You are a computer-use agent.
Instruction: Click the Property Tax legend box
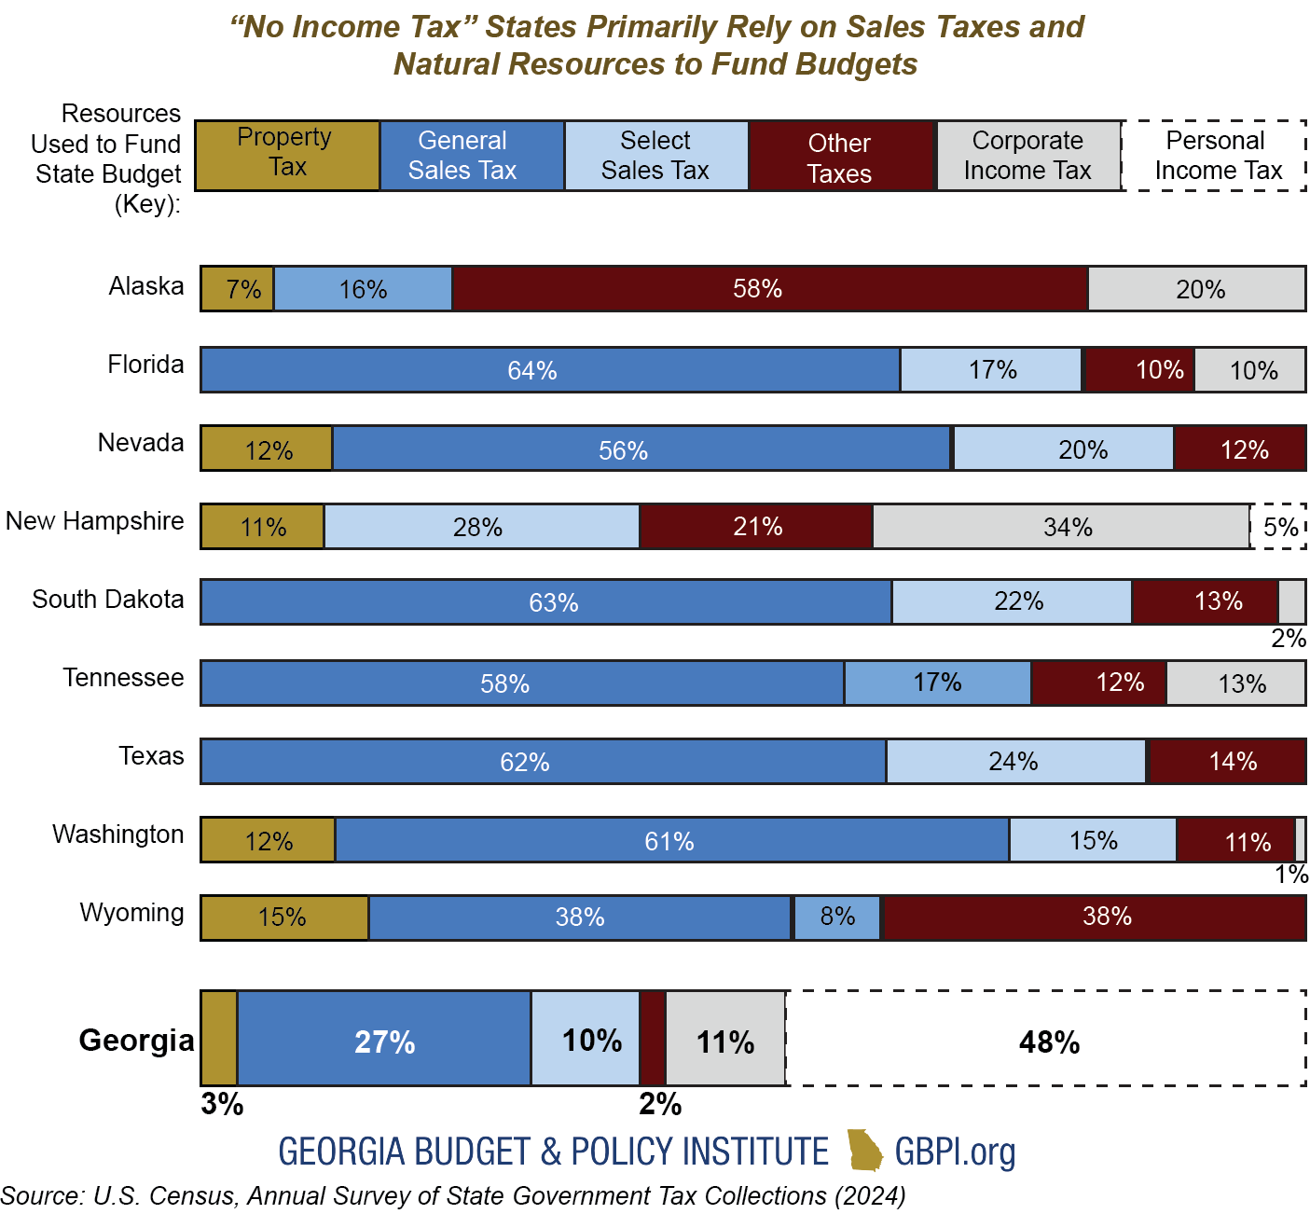pyautogui.click(x=287, y=156)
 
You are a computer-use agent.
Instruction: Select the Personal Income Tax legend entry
pyautogui.click(x=1215, y=156)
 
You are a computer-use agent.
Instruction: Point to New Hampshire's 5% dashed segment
pyautogui.click(x=1279, y=527)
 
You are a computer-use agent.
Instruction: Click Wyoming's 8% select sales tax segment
pyautogui.click(x=837, y=917)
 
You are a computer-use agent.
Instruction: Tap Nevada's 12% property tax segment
pyautogui.click(x=268, y=449)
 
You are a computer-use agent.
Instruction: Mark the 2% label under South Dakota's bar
pyautogui.click(x=1289, y=639)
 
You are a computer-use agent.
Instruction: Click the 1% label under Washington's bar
pyautogui.click(x=1291, y=875)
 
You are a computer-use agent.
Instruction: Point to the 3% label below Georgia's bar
pyautogui.click(x=222, y=1104)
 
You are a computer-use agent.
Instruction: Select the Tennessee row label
pyautogui.click(x=123, y=678)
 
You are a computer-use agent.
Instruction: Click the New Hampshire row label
pyautogui.click(x=95, y=521)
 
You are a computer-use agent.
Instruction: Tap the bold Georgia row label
pyautogui.click(x=136, y=1040)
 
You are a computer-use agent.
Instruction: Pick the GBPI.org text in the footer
pyautogui.click(x=955, y=1152)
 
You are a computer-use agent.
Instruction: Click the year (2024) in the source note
pyautogui.click(x=869, y=1196)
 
